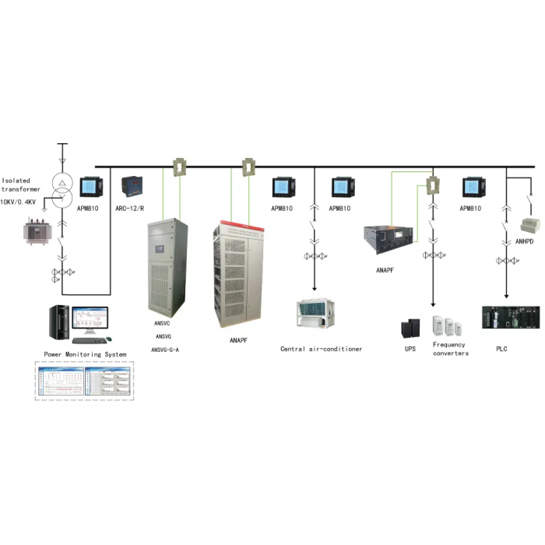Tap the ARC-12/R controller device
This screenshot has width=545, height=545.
130,187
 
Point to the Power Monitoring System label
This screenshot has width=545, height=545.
85,354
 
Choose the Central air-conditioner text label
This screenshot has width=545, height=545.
321,349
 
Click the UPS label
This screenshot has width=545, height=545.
410,349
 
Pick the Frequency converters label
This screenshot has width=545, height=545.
450,349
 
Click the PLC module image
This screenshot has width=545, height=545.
509,317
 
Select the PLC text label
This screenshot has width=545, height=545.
501,349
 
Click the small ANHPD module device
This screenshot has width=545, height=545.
530,224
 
